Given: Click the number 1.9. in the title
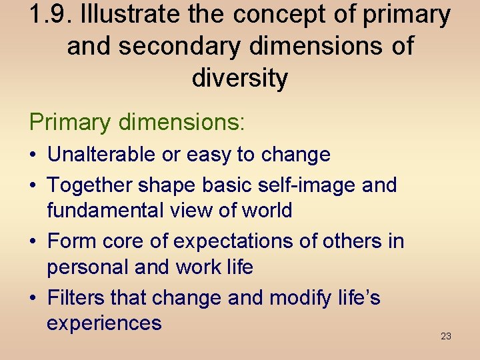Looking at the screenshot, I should pyautogui.click(x=51, y=15).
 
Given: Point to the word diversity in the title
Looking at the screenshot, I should pyautogui.click(x=240, y=78).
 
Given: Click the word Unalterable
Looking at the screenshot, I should pyautogui.click(x=103, y=155).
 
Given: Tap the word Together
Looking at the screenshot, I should pyautogui.click(x=89, y=185).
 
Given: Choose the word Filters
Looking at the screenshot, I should pyautogui.click(x=76, y=297).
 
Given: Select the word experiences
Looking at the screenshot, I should pyautogui.click(x=104, y=323).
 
